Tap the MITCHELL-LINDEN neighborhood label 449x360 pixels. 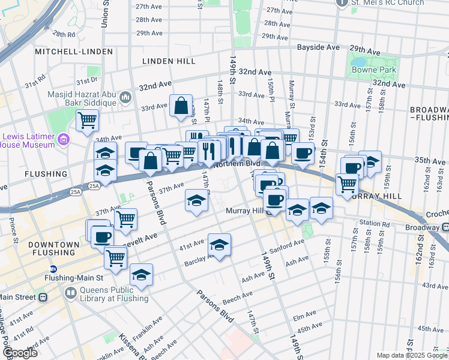click(x=74, y=52)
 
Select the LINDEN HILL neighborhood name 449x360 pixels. click(x=166, y=61)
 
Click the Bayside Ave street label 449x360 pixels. click(x=320, y=47)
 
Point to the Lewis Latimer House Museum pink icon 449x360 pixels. click(x=64, y=140)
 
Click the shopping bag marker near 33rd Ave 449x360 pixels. click(x=181, y=106)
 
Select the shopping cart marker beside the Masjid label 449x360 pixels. click(x=88, y=121)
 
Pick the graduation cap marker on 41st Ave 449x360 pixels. click(x=220, y=245)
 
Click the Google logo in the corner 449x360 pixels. click(x=19, y=353)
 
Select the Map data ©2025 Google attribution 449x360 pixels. click(x=411, y=355)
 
